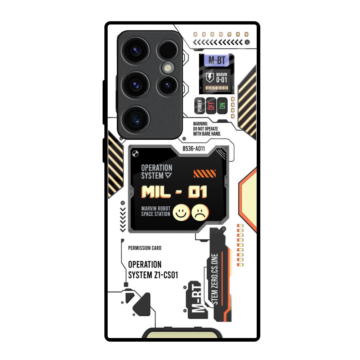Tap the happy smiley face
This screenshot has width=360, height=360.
[182, 212]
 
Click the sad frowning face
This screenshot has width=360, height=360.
[200, 212]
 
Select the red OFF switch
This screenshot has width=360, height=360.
[211, 105]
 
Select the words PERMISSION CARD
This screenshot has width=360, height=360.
[145, 248]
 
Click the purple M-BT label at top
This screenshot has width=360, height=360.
[216, 60]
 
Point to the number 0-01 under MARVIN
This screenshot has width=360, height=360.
[221, 80]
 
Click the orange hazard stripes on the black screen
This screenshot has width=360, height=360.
[204, 174]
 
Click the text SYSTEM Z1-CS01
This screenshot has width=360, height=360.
[153, 275]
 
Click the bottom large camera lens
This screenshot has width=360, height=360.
[134, 118]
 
